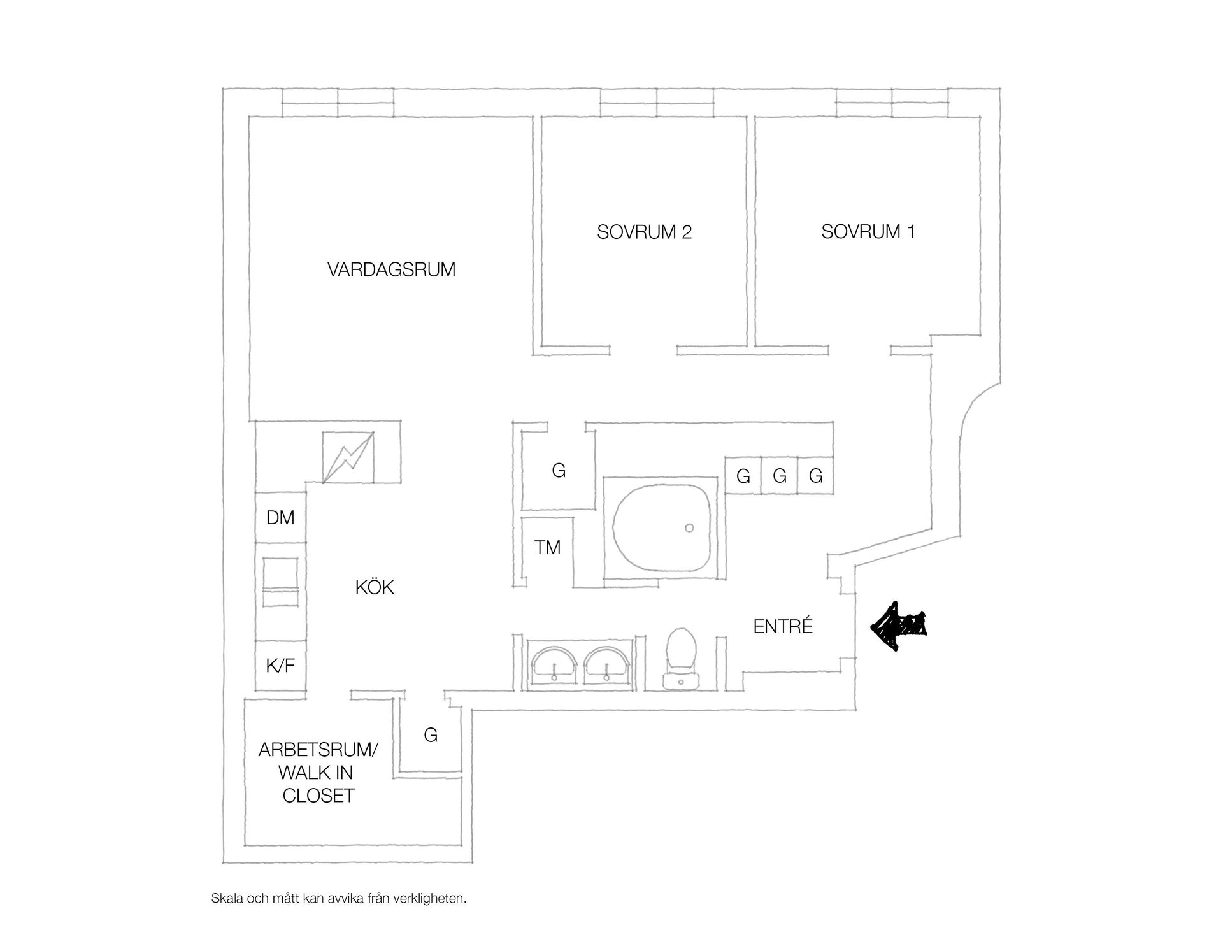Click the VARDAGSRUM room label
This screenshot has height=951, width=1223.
point(391,269)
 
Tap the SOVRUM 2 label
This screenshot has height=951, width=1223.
point(644,232)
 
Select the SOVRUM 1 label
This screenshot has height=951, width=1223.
point(868,231)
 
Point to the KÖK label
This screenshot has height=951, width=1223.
point(375,587)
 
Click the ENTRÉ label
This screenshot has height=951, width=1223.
point(783,626)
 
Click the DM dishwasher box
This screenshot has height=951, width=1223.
point(280,517)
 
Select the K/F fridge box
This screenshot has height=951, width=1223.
point(280,666)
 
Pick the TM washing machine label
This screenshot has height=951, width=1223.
point(547,547)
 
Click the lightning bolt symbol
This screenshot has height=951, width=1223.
point(348,457)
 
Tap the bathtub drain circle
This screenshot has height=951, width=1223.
point(689,528)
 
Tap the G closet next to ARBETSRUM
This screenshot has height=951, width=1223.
point(431,735)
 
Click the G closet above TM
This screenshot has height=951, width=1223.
point(559,471)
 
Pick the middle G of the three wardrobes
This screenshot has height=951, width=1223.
point(780,475)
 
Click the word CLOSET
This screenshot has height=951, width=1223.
point(318,796)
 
